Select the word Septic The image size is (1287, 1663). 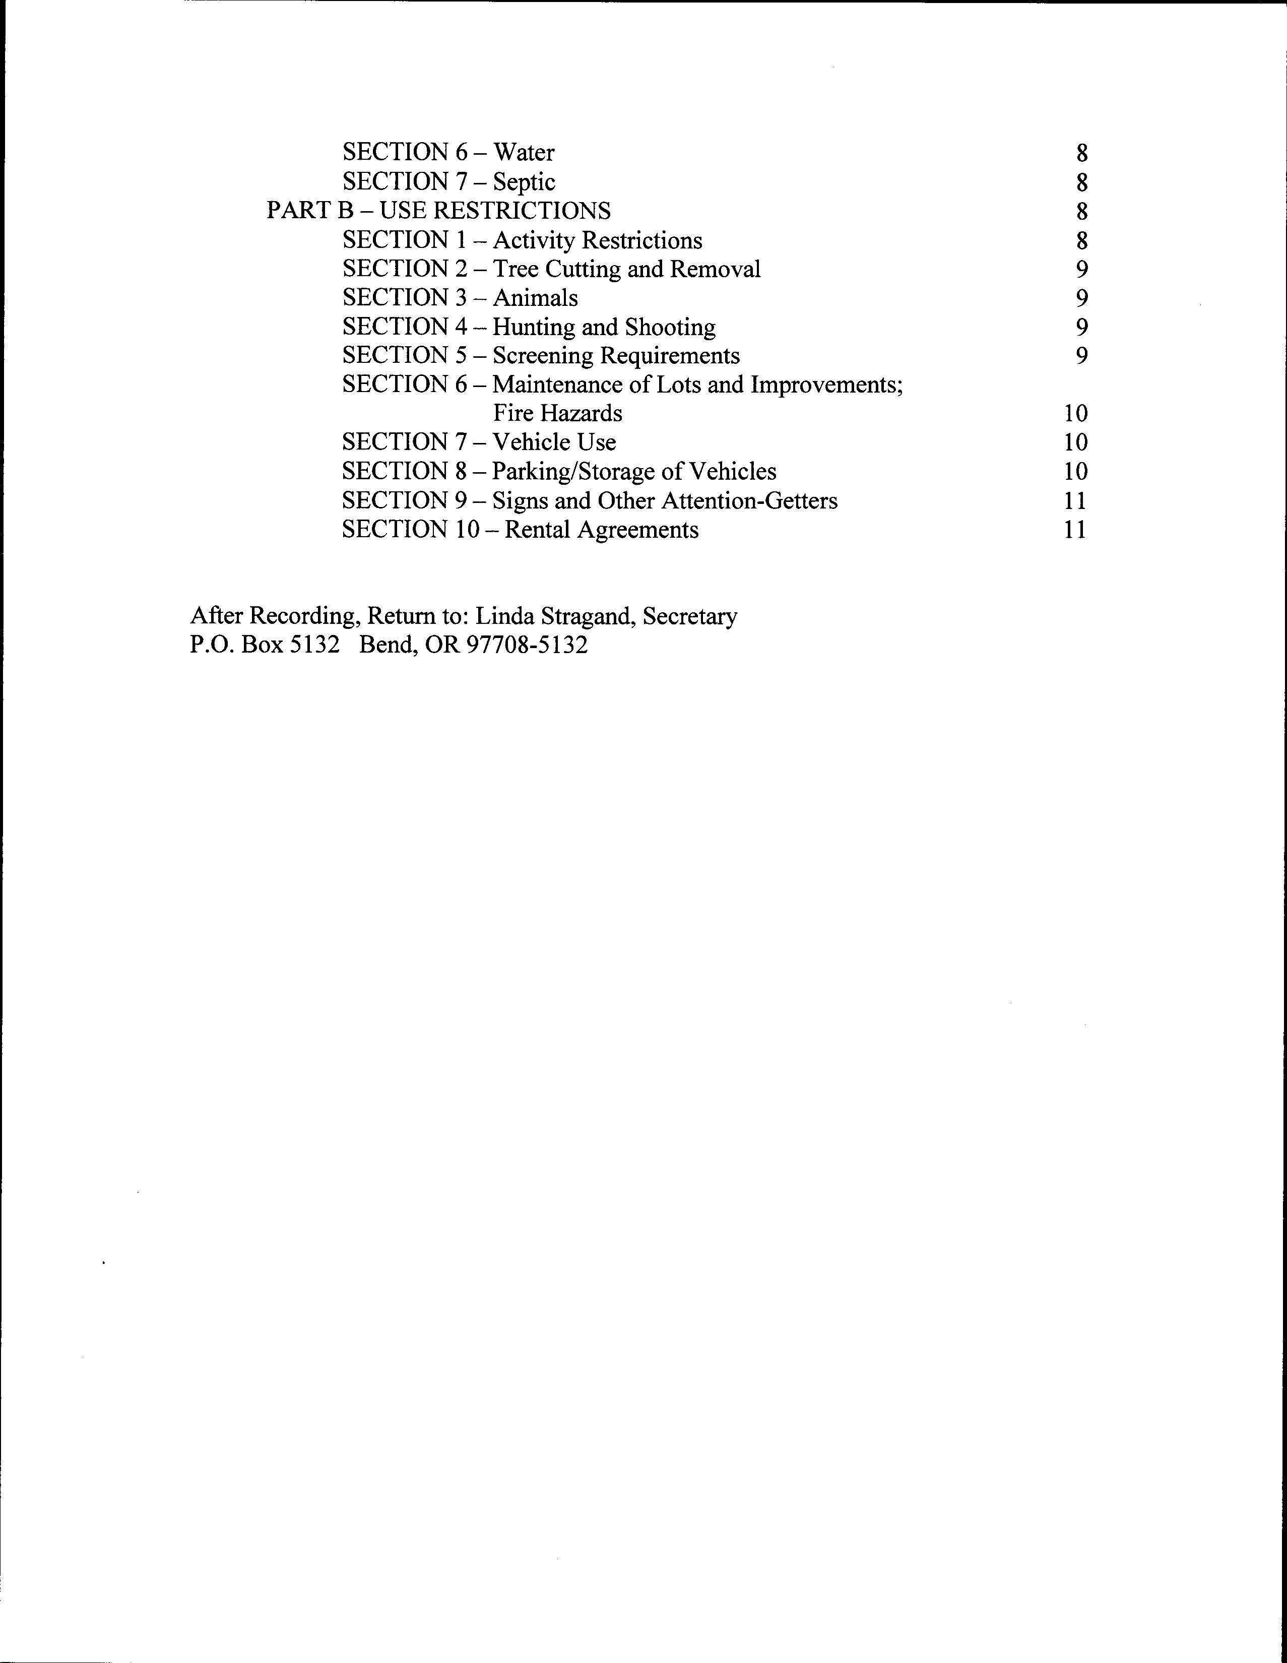[524, 182]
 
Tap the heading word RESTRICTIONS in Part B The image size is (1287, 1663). [526, 211]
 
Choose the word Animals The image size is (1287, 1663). [535, 298]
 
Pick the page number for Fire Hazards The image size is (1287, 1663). [1075, 413]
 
